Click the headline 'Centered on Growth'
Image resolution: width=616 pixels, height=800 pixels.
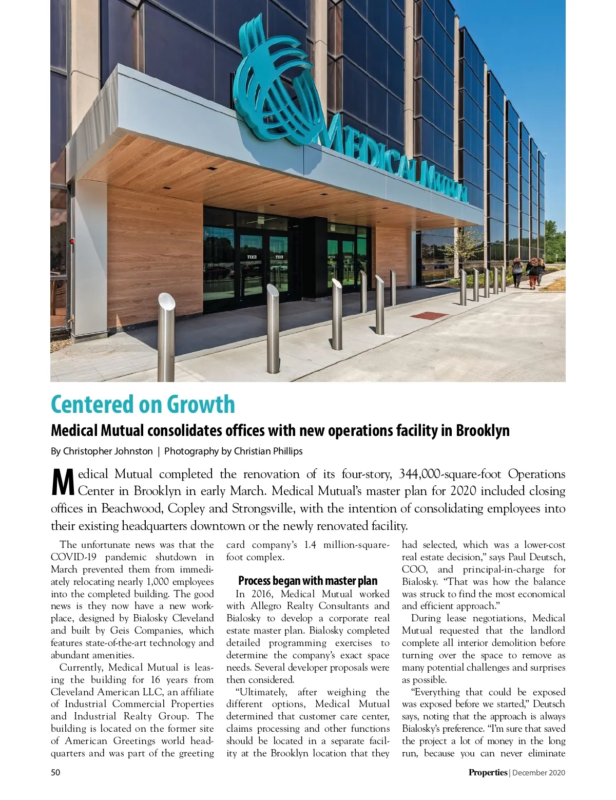(143, 404)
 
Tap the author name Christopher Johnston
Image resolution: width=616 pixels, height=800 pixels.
(108, 451)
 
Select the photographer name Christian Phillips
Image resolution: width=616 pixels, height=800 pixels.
(268, 451)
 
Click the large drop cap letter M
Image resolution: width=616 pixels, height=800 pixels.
(64, 483)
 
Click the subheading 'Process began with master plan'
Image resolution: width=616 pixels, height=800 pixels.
(307, 581)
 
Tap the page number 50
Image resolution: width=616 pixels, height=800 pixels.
(55, 772)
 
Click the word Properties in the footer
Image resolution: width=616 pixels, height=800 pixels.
(487, 772)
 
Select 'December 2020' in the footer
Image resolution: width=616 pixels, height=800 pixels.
(538, 772)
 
